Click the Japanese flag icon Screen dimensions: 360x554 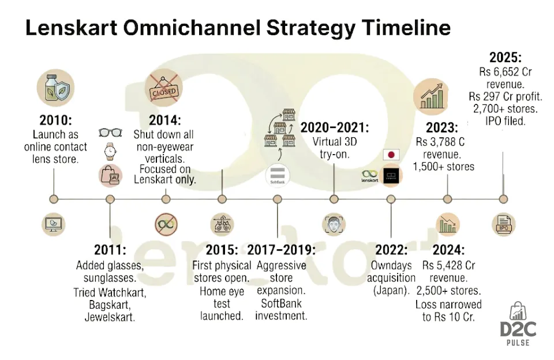tap(392, 155)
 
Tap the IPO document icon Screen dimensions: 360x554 tap(503, 224)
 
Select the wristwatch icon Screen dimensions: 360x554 tap(109, 152)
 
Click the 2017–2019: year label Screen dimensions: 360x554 tap(281, 250)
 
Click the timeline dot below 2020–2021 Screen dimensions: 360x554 tap(334, 199)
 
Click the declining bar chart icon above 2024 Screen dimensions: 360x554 tap(447, 224)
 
